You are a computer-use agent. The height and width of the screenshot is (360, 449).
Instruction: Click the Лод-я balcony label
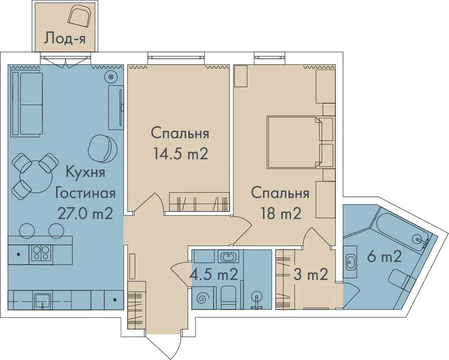(x=65, y=38)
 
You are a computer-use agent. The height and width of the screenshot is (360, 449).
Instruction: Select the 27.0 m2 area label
(x=85, y=213)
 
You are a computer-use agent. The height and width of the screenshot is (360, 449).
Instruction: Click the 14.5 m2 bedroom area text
(x=180, y=154)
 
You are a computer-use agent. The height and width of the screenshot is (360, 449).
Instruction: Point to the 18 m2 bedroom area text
(x=281, y=213)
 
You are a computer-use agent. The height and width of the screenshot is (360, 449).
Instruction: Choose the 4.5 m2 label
(x=214, y=275)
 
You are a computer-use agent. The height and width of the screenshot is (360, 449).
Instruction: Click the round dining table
(x=35, y=177)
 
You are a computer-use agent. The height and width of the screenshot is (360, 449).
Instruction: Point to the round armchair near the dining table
(x=103, y=148)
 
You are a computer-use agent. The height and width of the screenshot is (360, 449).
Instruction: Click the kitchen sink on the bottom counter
(x=42, y=300)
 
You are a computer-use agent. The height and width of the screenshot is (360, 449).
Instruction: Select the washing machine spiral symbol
(x=202, y=298)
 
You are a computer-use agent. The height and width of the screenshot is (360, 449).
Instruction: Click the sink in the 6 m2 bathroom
(x=350, y=262)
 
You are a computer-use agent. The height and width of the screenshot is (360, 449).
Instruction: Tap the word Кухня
(x=86, y=173)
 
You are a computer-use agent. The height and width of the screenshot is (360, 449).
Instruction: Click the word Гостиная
(x=85, y=193)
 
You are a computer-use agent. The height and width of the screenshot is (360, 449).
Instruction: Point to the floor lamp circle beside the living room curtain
(x=111, y=76)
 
